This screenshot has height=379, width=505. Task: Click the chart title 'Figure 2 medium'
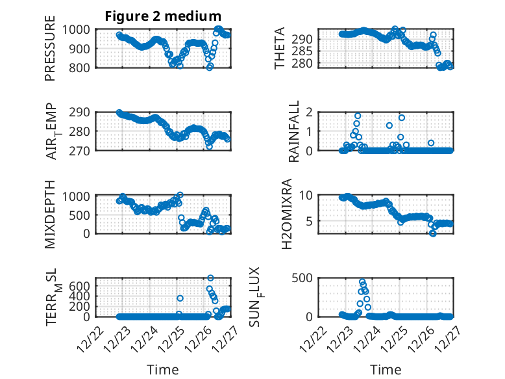coord(163,16)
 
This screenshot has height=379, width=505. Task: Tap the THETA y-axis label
coord(280,49)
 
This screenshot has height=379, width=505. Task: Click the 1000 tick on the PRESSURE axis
coord(82,29)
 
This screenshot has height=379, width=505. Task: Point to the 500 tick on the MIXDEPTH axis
coord(85,214)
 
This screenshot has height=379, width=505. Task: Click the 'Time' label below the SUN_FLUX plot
coord(386,370)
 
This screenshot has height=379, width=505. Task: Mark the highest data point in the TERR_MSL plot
coord(210,278)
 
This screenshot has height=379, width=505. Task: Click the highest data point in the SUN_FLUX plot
coord(362,282)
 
